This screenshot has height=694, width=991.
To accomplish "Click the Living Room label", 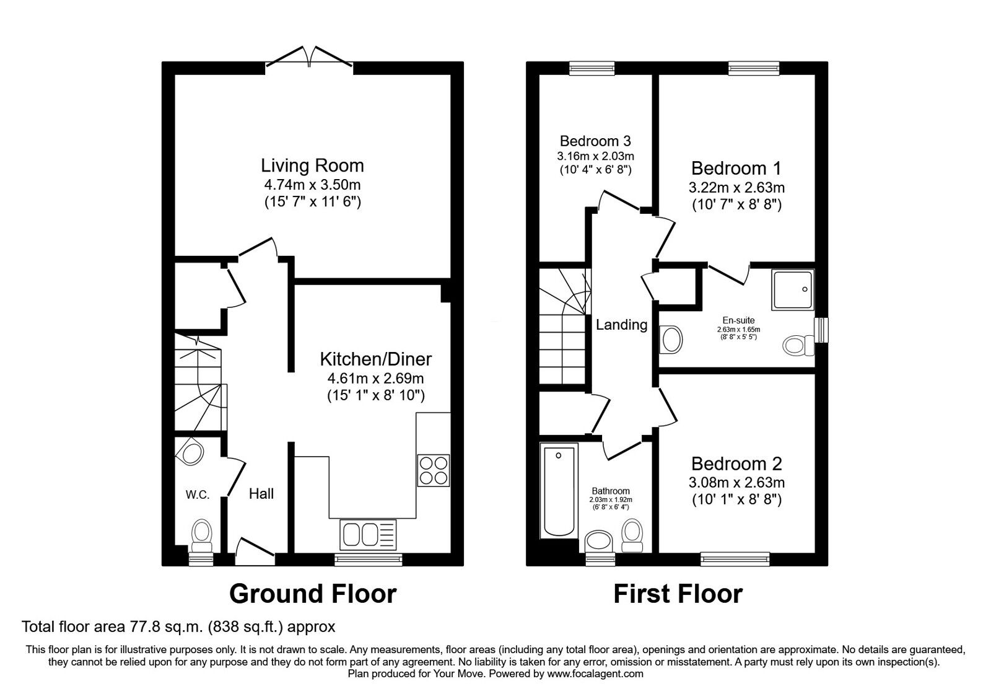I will click(312, 165).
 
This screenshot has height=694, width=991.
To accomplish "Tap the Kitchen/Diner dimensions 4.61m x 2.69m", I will click(375, 378).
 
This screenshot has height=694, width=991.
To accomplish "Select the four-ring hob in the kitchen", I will click(434, 470).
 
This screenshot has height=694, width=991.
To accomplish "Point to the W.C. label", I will click(198, 494).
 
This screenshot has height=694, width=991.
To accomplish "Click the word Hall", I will click(261, 494).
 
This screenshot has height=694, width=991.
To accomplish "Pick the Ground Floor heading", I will click(312, 594).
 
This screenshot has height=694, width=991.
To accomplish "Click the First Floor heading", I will click(678, 594).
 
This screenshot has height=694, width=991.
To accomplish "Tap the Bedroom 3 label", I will click(595, 141).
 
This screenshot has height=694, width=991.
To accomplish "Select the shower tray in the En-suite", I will click(793, 289).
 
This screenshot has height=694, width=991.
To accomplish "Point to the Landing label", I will click(621, 325).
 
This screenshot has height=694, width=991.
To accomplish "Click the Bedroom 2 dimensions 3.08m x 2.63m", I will click(736, 482).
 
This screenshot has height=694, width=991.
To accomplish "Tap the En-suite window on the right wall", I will click(822, 330).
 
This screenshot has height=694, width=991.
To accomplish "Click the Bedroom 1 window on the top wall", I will click(753, 68).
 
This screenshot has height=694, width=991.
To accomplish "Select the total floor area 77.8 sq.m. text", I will click(178, 626).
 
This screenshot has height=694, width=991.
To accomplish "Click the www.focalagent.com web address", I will click(595, 674).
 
